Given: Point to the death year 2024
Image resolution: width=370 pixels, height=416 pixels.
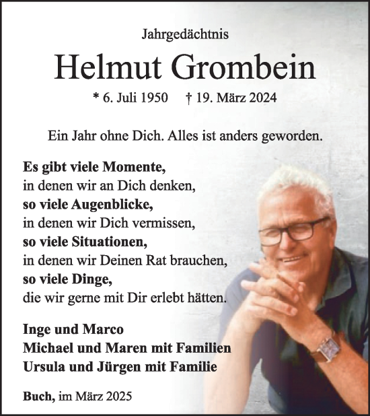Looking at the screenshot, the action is pyautogui.click(x=262, y=98).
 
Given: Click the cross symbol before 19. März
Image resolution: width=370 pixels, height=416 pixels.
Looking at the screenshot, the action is pyautogui.click(x=190, y=98).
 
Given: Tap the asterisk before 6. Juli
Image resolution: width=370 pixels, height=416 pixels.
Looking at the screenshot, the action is pyautogui.click(x=96, y=98).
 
